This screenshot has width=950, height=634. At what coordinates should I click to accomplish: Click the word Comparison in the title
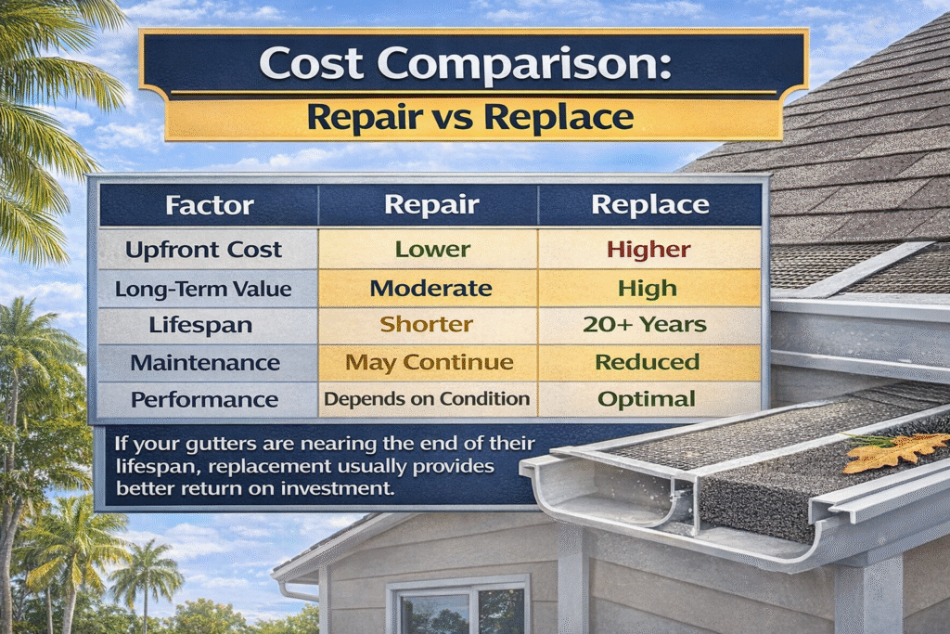[x=524, y=64]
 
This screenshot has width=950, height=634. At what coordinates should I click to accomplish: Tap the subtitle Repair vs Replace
[x=470, y=116]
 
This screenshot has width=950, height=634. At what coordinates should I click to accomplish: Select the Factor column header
[x=210, y=205]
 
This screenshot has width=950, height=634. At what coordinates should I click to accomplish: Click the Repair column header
[x=431, y=205]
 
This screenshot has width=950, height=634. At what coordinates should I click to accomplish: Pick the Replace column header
[x=650, y=205]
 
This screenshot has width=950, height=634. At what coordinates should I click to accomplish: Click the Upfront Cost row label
[x=203, y=250]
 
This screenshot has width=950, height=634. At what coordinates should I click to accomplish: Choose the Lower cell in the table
[x=432, y=249]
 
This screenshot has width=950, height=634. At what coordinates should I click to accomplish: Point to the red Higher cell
[x=648, y=249]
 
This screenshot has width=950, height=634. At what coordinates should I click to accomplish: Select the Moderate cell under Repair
[x=430, y=288]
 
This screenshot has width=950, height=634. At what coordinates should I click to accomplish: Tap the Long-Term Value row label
[x=203, y=289]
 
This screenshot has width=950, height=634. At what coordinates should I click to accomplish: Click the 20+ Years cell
[x=645, y=324]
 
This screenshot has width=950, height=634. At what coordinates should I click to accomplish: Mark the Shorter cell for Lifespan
[x=427, y=324]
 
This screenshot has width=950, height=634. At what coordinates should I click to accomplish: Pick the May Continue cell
[x=430, y=362]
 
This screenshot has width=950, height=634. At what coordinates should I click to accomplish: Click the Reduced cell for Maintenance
[x=648, y=362]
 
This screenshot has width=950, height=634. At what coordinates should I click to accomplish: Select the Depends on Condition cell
[x=427, y=399]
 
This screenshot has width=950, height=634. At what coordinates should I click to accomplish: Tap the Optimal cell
[x=647, y=399]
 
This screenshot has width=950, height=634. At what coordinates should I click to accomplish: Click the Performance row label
[x=205, y=399]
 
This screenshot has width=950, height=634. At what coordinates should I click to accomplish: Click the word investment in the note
[x=337, y=488]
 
